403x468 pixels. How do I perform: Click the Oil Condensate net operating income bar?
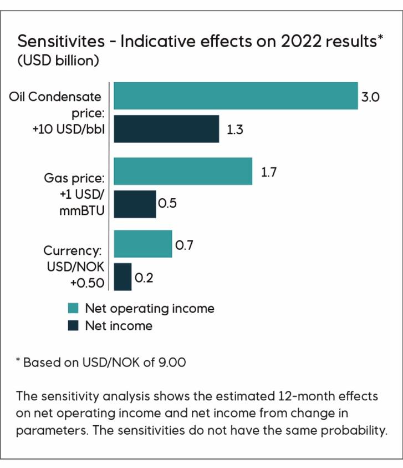point(236,95)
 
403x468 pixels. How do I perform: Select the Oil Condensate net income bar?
point(166,129)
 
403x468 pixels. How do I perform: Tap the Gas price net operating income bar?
point(183,171)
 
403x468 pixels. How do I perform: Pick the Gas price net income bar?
point(135,204)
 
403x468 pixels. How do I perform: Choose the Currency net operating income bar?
point(143,244)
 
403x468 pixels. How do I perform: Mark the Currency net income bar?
point(123,276)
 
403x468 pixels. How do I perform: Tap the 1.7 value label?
point(269,172)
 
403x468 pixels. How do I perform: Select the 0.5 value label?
point(167,204)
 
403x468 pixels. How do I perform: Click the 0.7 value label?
point(183,244)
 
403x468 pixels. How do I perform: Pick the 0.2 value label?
point(144,277)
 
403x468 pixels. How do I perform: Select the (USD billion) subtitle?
point(58,61)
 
